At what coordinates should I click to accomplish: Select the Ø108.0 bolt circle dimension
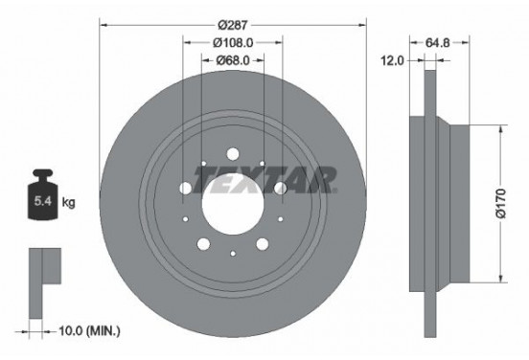233,42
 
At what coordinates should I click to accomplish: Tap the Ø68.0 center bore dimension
233,60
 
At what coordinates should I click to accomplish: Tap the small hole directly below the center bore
233,253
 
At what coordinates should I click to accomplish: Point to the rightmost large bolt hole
280,188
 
